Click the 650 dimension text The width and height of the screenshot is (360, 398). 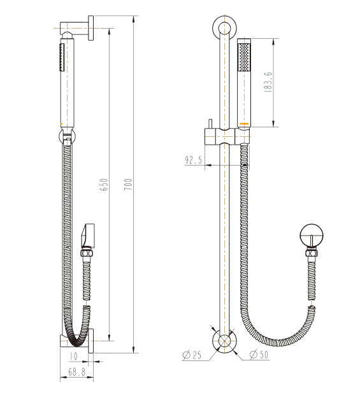tap(104, 185)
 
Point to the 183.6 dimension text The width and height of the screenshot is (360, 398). tap(268, 82)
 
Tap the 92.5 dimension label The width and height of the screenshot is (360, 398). tap(194, 160)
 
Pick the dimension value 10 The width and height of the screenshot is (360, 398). tap(74, 356)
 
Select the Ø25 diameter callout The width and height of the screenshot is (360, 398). tap(192, 355)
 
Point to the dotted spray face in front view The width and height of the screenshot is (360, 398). tap(244, 57)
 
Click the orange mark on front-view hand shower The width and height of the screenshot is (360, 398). tap(243, 122)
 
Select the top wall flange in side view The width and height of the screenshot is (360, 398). tap(92, 29)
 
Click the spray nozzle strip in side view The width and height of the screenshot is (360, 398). tap(61, 58)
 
